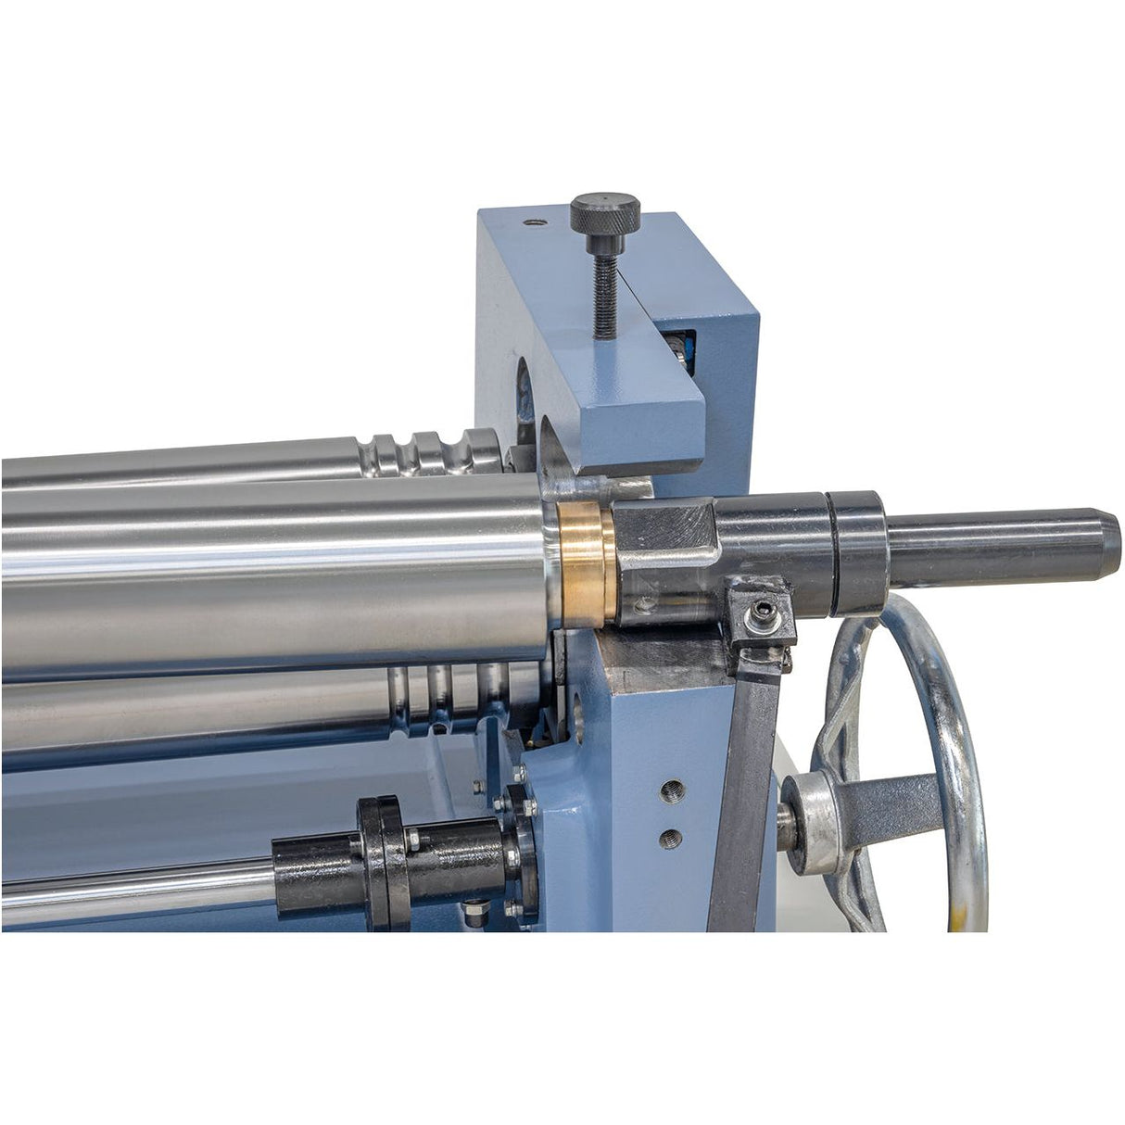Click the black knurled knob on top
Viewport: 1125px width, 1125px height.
605,213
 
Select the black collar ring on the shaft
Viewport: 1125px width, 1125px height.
857,553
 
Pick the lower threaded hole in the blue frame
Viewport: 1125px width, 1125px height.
670,840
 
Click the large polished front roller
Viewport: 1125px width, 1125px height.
278,575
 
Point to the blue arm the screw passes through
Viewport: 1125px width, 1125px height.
639,408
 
